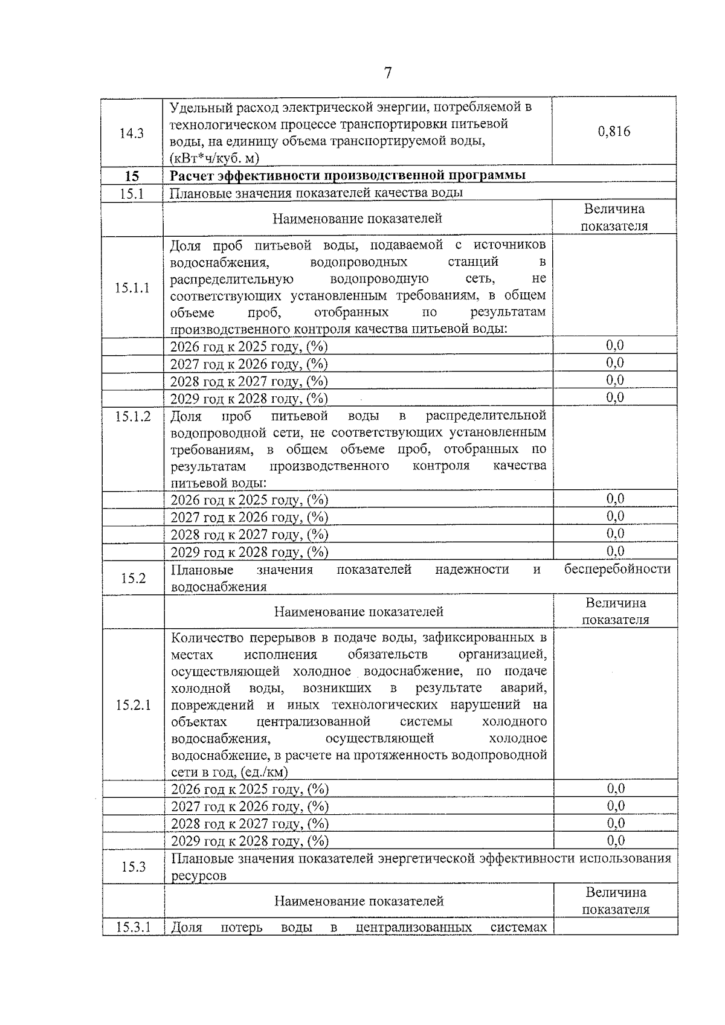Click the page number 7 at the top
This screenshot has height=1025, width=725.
pos(388,73)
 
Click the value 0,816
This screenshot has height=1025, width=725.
pos(614,131)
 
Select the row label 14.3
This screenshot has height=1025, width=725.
pos(132,133)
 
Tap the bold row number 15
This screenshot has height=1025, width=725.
pos(132,176)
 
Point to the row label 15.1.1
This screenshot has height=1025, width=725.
pos(132,288)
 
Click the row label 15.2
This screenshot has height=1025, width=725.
pos(133,578)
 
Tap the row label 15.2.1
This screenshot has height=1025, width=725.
pos(133,705)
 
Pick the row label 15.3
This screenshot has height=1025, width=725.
pos(133,867)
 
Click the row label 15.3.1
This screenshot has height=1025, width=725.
pos(133,927)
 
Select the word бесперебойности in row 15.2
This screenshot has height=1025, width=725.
pos(617,569)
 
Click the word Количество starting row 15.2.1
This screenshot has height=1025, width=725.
pos(204,638)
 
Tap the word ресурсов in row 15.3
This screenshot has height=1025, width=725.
pos(199,876)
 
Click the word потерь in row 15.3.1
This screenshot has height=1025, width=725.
pos(242,927)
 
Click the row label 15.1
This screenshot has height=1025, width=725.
pos(132,193)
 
